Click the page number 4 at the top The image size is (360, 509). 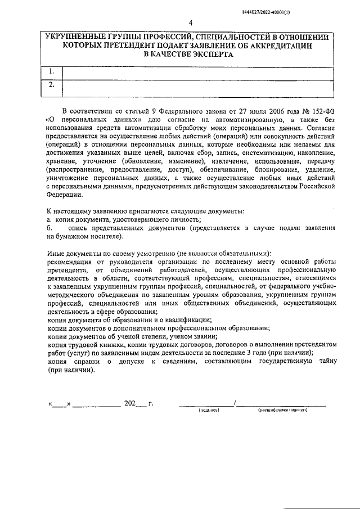[x=191, y=23]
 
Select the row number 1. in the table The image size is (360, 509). [x=52, y=71]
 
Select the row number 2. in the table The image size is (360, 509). [x=52, y=85]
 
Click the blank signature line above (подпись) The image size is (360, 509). [x=206, y=403]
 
